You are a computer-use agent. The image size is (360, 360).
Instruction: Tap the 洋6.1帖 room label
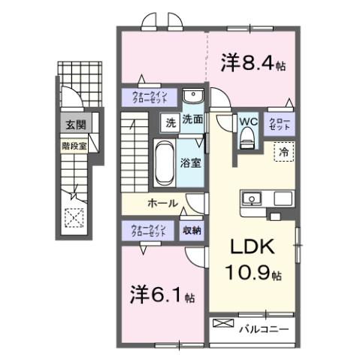(x=160, y=294)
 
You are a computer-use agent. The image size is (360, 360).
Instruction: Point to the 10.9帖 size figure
(x=253, y=275)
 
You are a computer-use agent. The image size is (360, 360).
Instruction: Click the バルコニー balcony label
(x=264, y=328)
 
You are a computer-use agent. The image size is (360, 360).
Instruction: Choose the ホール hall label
(x=162, y=203)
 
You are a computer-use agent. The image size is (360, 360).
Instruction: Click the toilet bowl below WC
(x=247, y=136)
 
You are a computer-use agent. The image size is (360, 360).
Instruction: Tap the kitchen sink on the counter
(x=251, y=199)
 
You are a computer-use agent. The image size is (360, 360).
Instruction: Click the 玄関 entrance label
(x=74, y=125)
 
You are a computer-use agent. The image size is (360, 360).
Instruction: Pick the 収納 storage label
(x=191, y=231)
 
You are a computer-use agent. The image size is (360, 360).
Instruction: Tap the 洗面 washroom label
(x=192, y=119)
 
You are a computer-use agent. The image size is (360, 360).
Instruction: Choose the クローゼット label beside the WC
(x=278, y=123)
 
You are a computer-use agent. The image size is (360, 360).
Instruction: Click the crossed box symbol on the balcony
(x=223, y=324)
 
